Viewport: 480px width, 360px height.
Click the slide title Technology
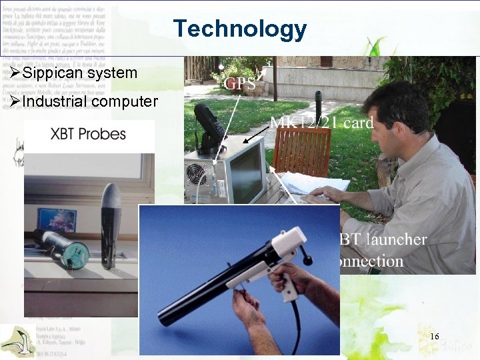tap(240, 29)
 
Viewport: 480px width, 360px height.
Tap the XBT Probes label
tap(88, 133)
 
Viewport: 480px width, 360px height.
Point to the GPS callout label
tap(240, 83)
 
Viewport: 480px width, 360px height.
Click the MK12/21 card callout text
tap(321, 122)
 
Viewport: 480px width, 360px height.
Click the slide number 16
tap(435, 336)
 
